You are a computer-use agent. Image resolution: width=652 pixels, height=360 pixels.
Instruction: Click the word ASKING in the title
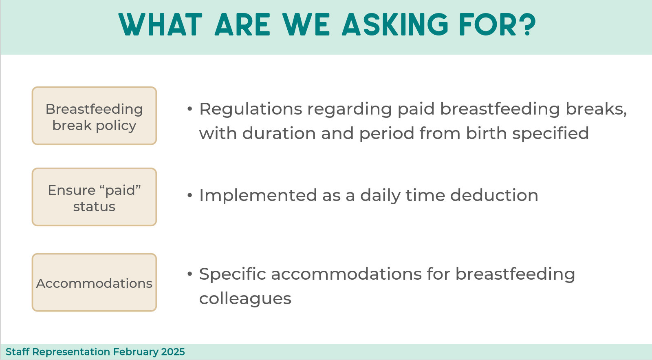coord(395,25)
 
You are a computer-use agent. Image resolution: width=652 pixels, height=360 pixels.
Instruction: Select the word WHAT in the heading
coord(161,25)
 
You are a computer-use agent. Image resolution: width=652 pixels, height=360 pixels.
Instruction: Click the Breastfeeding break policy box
coord(94,116)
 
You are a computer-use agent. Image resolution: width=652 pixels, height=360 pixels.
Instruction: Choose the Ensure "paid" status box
coord(94,197)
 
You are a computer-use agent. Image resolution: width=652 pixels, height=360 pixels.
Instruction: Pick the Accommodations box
coord(94,283)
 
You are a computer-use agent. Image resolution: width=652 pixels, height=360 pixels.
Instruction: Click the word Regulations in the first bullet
coord(251,110)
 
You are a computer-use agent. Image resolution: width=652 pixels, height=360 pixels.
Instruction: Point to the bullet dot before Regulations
coord(190,109)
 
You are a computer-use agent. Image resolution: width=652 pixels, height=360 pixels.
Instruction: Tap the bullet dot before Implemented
coord(190,195)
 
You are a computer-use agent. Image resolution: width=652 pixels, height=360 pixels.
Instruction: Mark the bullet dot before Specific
coord(190,274)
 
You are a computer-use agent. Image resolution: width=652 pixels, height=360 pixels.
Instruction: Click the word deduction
coord(494,195)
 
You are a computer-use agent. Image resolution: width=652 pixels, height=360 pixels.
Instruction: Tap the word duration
coord(279,133)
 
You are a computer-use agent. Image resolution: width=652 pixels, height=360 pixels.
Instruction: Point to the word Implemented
coord(258,196)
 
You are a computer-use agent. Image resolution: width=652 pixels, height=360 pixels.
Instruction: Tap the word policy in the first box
coord(116,126)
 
